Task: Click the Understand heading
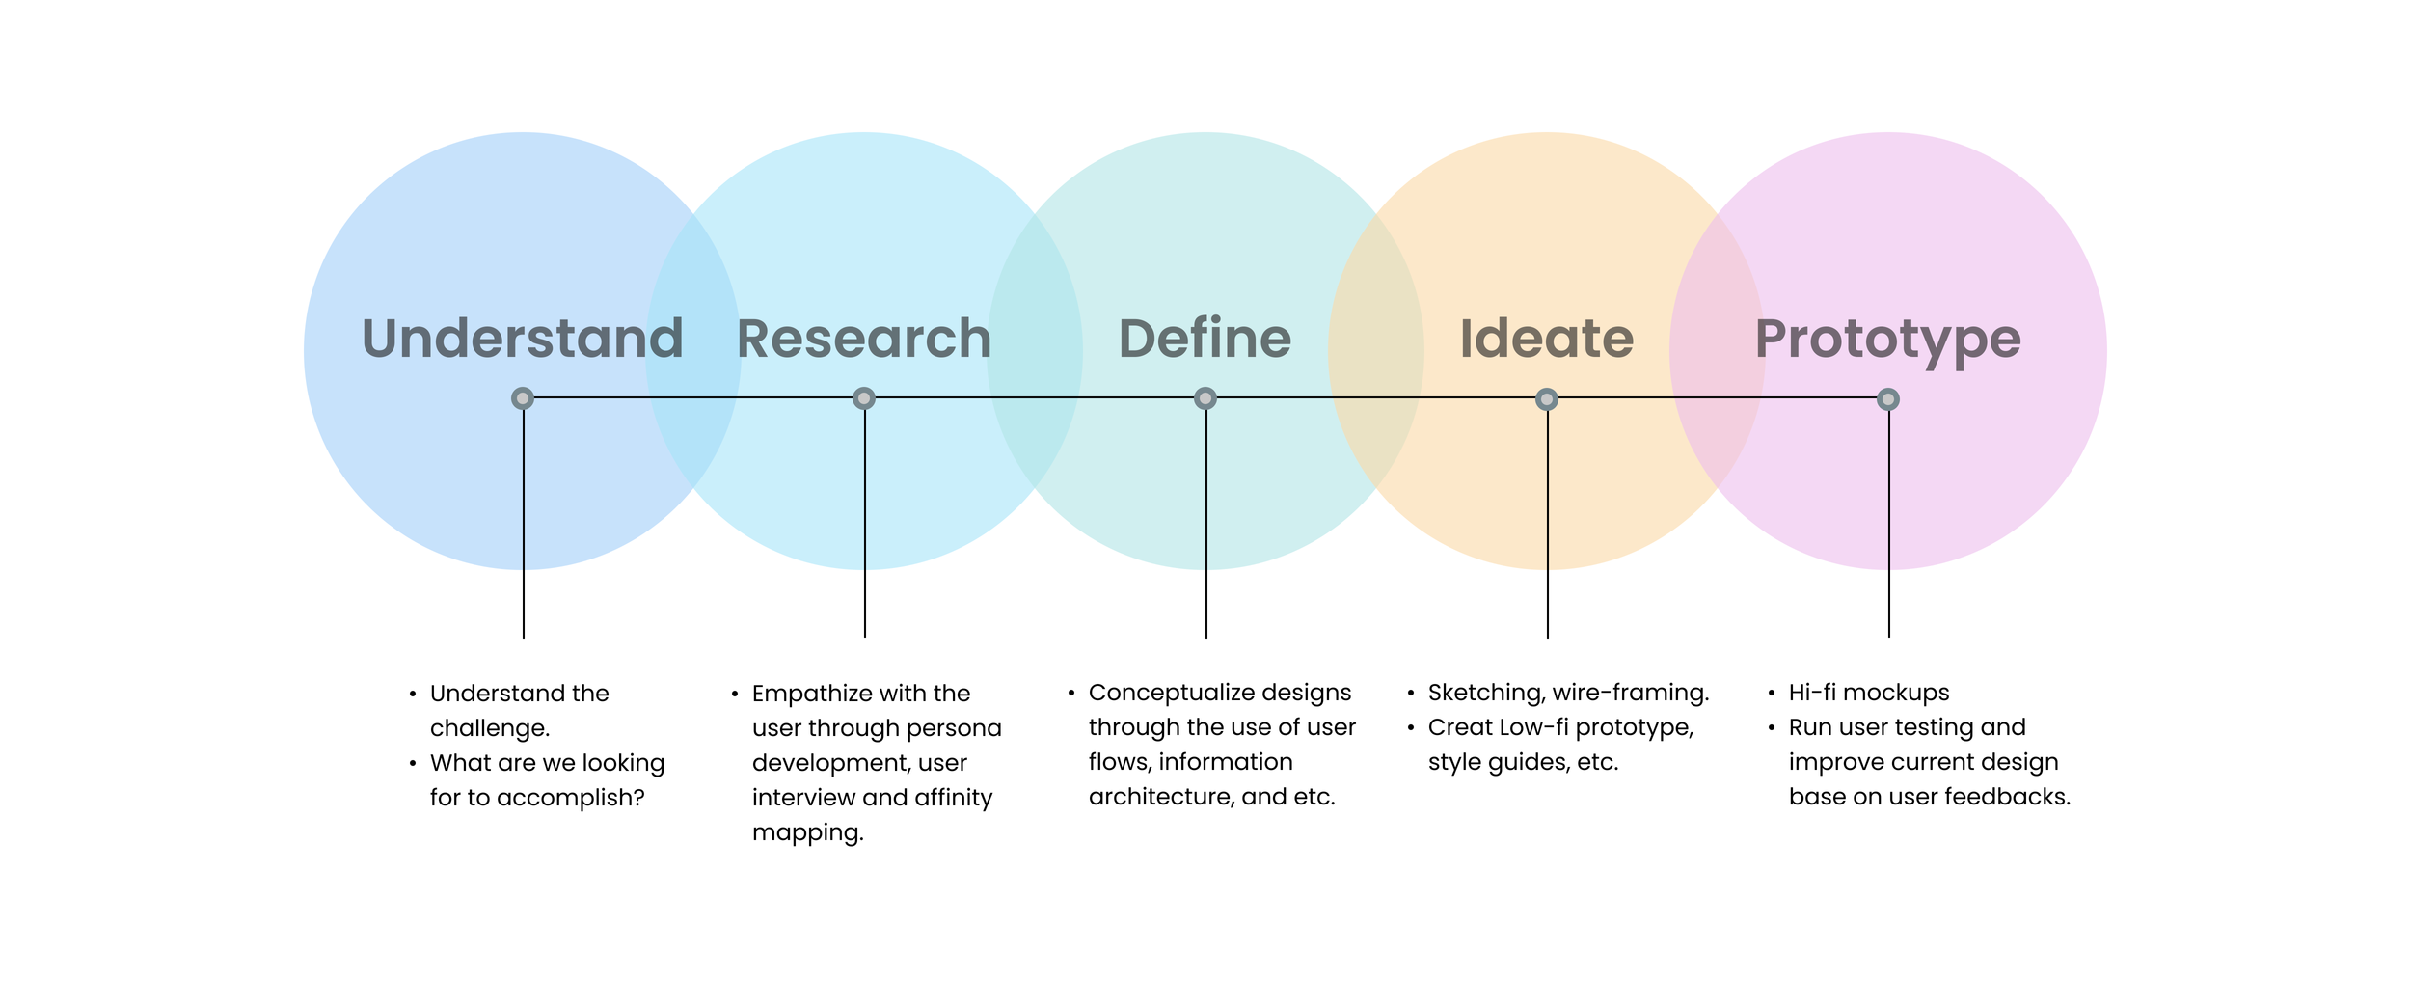click(x=523, y=339)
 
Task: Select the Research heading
click(x=864, y=339)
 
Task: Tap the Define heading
click(x=1205, y=339)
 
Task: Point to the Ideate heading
click(x=1547, y=339)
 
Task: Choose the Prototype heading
click(x=1887, y=339)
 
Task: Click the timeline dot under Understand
click(x=523, y=398)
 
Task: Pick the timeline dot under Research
click(x=864, y=398)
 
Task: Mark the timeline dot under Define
click(x=1205, y=398)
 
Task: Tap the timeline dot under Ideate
click(x=1547, y=399)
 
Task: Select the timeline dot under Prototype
click(x=1888, y=399)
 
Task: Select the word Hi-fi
click(x=1812, y=693)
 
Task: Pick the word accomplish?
click(x=570, y=798)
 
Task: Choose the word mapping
click(x=807, y=832)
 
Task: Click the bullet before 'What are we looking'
click(x=413, y=763)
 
